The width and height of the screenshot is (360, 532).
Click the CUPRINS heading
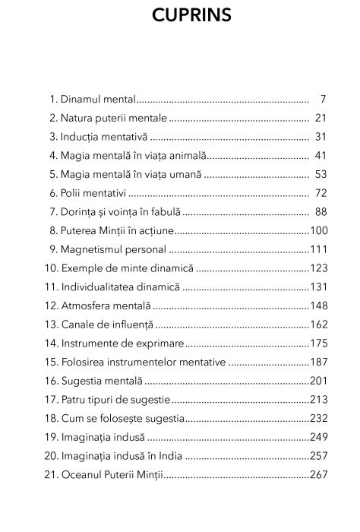tap(180, 16)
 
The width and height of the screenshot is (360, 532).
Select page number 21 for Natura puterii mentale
tap(320, 118)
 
